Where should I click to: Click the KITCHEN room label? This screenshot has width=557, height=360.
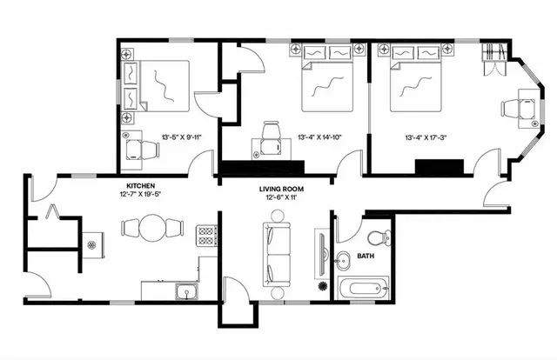click(141, 185)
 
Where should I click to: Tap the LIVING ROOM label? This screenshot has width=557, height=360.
click(281, 189)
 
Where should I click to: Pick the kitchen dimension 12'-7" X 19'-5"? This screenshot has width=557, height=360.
click(141, 194)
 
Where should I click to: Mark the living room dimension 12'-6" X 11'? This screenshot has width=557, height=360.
click(281, 197)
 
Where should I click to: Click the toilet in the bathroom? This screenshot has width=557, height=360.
click(378, 237)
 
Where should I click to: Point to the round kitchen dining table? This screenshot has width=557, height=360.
click(153, 230)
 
